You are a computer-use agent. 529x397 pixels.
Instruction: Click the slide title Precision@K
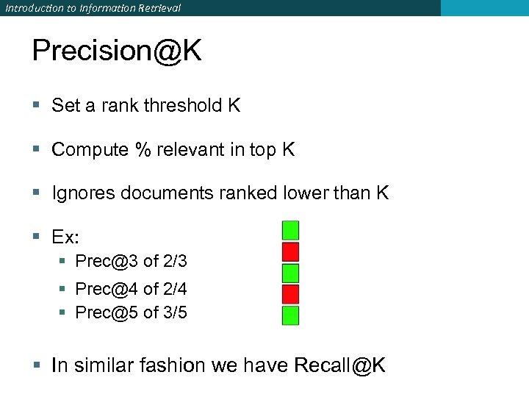(x=117, y=51)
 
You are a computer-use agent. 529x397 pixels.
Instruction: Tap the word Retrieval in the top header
(x=156, y=8)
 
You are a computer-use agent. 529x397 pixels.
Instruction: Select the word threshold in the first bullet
(x=184, y=106)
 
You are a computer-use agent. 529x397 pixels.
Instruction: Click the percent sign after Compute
(x=142, y=150)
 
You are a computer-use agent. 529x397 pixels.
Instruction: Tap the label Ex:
(x=65, y=237)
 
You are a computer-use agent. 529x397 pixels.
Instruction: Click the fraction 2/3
(x=175, y=261)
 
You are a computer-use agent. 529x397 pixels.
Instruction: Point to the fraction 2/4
(x=175, y=289)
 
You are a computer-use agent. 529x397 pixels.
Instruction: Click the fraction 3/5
(x=175, y=312)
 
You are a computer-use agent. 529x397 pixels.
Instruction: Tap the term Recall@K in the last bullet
(x=339, y=365)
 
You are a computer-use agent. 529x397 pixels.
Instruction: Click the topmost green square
(x=291, y=230)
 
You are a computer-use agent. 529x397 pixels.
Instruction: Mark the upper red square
(x=291, y=251)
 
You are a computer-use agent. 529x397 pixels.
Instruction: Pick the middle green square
(x=291, y=273)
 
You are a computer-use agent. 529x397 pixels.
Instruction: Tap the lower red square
(x=291, y=294)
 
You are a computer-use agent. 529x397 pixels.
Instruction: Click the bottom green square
(x=291, y=315)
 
